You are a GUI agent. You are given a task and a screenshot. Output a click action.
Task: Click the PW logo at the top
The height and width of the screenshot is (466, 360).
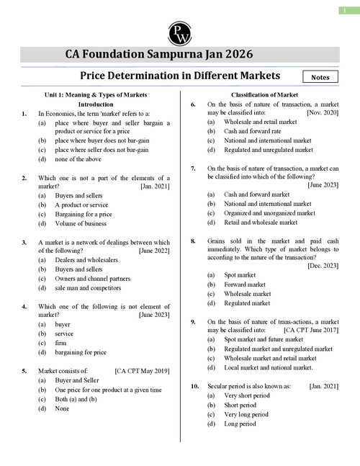tap(179, 30)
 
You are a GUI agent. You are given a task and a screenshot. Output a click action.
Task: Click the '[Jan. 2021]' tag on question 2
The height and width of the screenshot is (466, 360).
tap(154, 187)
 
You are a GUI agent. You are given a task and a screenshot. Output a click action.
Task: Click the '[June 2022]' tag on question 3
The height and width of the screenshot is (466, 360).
tap(153, 251)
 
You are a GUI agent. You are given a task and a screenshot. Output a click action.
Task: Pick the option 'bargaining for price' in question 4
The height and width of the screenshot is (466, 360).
tap(80, 352)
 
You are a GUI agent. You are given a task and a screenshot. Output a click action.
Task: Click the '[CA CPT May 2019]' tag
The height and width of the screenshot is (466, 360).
tap(142, 372)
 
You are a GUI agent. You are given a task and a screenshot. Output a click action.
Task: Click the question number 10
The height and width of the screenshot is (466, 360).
tap(194, 387)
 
